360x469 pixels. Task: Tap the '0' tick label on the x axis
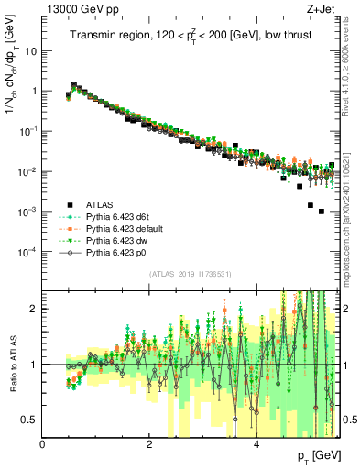tap(43, 444)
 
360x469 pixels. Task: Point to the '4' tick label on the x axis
tap(256, 444)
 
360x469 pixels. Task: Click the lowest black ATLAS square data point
tap(321, 212)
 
